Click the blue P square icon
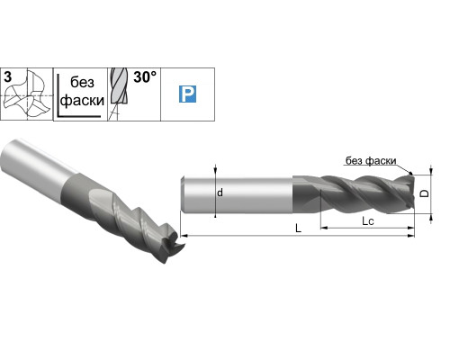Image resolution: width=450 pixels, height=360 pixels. click(x=187, y=94)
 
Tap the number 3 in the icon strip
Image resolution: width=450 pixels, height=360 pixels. click(x=8, y=76)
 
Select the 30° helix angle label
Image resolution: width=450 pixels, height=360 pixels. click(x=145, y=77)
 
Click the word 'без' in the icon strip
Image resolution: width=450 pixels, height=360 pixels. click(x=82, y=82)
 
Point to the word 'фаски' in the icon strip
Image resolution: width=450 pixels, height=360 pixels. click(x=82, y=101)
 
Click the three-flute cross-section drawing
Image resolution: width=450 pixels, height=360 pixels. click(x=26, y=94)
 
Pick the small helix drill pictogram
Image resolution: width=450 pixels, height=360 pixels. click(x=118, y=94)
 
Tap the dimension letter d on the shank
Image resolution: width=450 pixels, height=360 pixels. click(x=220, y=193)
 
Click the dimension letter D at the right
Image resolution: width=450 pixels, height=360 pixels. click(x=424, y=193)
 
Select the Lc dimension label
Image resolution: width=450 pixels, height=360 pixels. click(x=368, y=221)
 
